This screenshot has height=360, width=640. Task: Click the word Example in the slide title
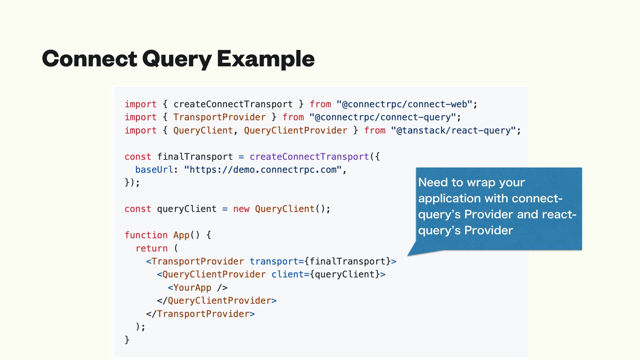click(266, 59)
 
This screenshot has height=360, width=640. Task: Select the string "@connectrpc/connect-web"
click(404, 104)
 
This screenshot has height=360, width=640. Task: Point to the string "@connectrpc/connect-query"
click(382, 117)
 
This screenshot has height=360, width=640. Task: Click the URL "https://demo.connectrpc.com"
click(263, 170)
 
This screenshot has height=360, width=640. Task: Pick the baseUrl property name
click(154, 170)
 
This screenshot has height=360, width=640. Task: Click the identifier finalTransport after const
click(195, 157)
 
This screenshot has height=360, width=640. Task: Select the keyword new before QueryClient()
click(241, 209)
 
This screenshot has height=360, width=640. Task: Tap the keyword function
click(146, 235)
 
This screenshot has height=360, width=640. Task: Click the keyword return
click(151, 248)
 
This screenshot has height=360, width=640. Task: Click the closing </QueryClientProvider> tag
click(217, 301)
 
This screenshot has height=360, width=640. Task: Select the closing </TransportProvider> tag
click(200, 314)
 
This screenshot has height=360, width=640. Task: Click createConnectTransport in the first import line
click(233, 104)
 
